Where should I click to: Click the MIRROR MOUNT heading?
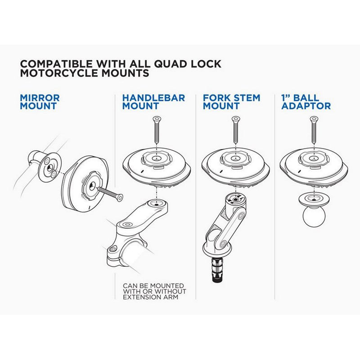coord(40,102)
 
